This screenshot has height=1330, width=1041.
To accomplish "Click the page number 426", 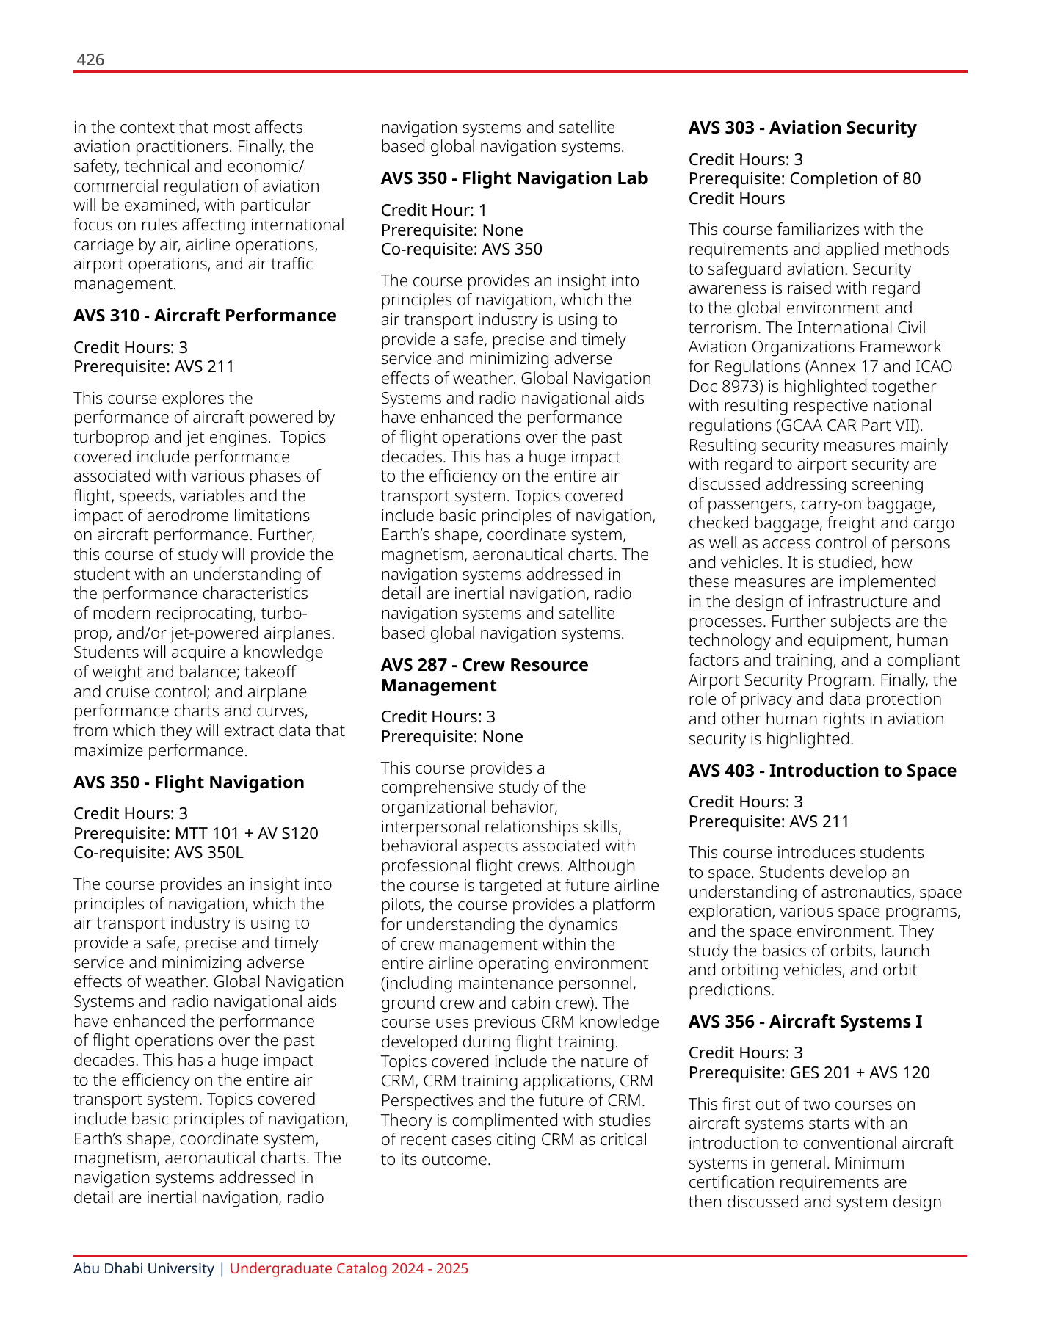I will [90, 60].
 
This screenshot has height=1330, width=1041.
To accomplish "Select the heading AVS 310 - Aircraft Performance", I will [205, 316].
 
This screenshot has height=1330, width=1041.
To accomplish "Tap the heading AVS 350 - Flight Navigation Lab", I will [514, 178].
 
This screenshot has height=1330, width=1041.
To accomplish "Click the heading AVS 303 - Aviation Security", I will [802, 128].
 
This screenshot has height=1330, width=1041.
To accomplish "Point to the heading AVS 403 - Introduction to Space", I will [822, 771].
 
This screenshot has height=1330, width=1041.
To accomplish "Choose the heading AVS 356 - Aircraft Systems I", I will [805, 1022].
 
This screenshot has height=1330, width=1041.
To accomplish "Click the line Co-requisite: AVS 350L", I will [159, 853].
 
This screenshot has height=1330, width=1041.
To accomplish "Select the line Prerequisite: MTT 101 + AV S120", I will [196, 834].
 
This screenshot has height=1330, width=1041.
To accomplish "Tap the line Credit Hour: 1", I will [434, 211].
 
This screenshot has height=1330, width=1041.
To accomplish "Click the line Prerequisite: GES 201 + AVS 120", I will [809, 1073].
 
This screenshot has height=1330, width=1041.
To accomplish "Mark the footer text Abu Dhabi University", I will [144, 1269].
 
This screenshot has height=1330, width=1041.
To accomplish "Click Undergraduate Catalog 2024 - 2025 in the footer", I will [349, 1269].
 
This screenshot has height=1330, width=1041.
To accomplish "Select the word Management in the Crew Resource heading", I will [439, 686].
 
